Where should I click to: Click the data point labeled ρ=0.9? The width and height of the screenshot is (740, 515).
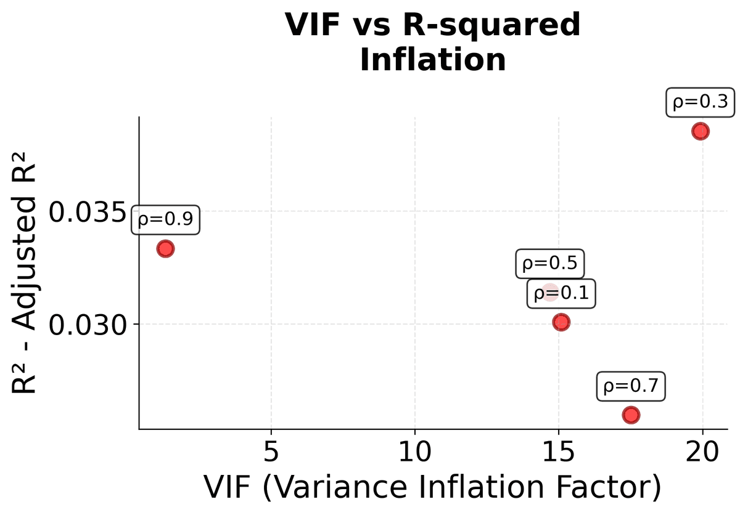point(165,249)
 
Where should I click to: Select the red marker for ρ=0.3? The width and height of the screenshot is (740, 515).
point(700,131)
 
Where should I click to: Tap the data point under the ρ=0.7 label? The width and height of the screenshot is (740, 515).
point(630,415)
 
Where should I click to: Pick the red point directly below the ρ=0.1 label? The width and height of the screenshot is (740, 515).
point(561,322)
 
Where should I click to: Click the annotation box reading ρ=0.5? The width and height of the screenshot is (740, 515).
point(549,264)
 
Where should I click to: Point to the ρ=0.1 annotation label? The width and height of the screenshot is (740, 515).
point(561,294)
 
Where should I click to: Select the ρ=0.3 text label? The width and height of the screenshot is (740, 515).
point(701,102)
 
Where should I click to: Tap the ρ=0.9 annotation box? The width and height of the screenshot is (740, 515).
point(165,219)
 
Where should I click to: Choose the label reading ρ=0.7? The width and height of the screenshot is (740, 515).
point(630,387)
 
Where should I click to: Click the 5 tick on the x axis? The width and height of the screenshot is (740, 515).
point(271,454)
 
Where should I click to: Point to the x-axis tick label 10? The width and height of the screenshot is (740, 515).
point(414,454)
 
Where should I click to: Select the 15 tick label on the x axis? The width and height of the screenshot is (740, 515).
point(558,454)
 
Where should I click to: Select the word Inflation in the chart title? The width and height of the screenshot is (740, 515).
point(432,60)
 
